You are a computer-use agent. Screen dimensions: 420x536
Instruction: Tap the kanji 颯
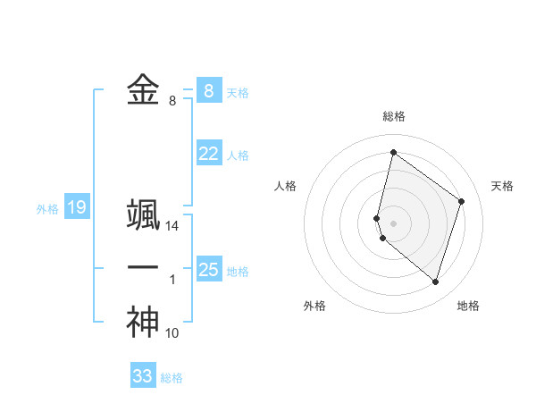pyautogui.click(x=143, y=215)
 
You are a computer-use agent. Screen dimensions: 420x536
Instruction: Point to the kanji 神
pyautogui.click(x=143, y=322)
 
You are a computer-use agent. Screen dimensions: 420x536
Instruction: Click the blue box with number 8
pyautogui.click(x=208, y=90)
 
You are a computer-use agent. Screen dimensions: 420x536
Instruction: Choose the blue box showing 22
pyautogui.click(x=208, y=154)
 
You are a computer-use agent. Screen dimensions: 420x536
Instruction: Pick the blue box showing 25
pyautogui.click(x=208, y=269)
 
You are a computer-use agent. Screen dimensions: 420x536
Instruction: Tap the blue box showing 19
pyautogui.click(x=76, y=208)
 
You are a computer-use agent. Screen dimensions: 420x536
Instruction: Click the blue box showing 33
pyautogui.click(x=143, y=376)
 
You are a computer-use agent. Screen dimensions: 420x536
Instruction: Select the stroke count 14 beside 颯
pyautogui.click(x=172, y=227)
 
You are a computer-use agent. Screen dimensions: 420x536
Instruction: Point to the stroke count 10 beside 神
pyautogui.click(x=172, y=333)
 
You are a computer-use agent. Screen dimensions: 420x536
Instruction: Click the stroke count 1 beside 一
pyautogui.click(x=172, y=280)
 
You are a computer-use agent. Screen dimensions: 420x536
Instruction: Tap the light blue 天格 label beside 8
pyautogui.click(x=238, y=92)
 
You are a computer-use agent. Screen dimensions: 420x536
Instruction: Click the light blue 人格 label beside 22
pyautogui.click(x=238, y=155)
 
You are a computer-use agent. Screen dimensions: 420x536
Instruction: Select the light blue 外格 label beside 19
pyautogui.click(x=47, y=209)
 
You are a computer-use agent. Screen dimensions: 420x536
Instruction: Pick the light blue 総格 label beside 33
pyautogui.click(x=172, y=378)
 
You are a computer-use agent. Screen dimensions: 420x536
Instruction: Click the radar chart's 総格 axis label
pyautogui.click(x=394, y=116)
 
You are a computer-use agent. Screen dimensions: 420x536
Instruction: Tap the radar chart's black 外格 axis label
pyautogui.click(x=314, y=306)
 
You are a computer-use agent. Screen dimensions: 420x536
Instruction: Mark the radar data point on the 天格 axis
pyautogui.click(x=461, y=201)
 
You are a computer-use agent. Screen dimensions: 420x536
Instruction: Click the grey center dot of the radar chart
pyautogui.click(x=394, y=223)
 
